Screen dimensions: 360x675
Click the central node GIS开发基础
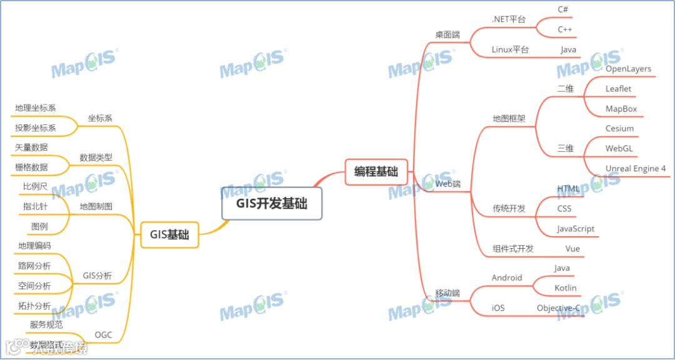[x=272, y=203]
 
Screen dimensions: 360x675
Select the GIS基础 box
[x=169, y=235]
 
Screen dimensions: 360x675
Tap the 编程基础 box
[x=376, y=172]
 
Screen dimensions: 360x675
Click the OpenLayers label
[x=628, y=69]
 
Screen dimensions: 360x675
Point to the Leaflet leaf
[x=618, y=89]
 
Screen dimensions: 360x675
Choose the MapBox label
[x=621, y=109]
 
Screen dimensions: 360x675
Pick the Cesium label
[x=619, y=129]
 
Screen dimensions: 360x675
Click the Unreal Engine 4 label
[x=636, y=169]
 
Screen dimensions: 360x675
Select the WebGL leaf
[x=619, y=149]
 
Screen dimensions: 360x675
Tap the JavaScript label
[x=576, y=229]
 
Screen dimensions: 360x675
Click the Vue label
[x=572, y=249]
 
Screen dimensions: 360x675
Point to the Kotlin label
[x=566, y=288]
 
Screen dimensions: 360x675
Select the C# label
[x=562, y=9]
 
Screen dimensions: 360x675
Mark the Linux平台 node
[x=510, y=49]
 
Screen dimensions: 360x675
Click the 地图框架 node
[x=509, y=118]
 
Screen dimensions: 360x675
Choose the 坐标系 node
[x=100, y=118]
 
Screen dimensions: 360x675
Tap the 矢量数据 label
[x=31, y=147]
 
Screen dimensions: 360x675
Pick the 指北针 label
[x=35, y=206]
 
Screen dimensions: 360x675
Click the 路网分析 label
[x=34, y=266]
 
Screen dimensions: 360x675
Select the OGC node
[x=103, y=335]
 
